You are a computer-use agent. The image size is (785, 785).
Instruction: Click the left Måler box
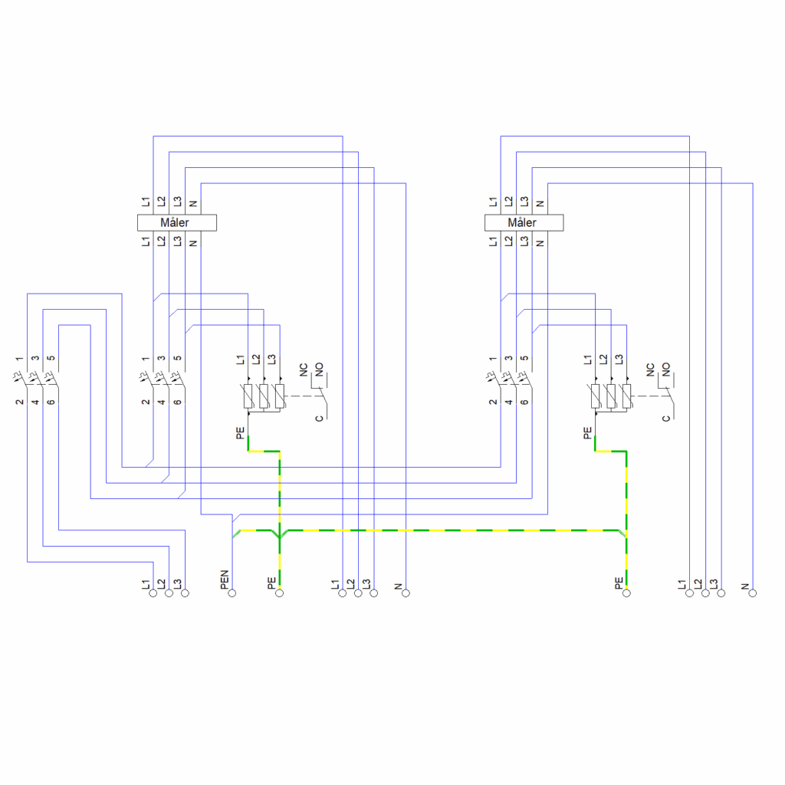pyautogui.click(x=177, y=223)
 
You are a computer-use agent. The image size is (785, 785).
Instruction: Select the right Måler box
pyautogui.click(x=524, y=223)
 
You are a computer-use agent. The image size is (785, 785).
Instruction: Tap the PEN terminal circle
pyautogui.click(x=232, y=593)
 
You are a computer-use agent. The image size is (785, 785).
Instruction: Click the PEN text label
pyautogui.click(x=225, y=580)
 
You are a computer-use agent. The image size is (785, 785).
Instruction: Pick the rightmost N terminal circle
pyautogui.click(x=753, y=593)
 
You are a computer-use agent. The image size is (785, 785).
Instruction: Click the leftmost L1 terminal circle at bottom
pyautogui.click(x=153, y=593)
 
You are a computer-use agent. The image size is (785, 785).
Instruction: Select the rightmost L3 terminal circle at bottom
pyautogui.click(x=721, y=593)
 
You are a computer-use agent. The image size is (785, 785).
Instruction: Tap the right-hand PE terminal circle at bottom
pyautogui.click(x=626, y=593)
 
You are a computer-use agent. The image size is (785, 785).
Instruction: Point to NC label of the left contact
pyautogui.click(x=304, y=370)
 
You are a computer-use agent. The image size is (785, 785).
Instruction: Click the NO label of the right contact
pyautogui.click(x=666, y=370)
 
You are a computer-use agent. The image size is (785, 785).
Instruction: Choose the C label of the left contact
pyautogui.click(x=320, y=419)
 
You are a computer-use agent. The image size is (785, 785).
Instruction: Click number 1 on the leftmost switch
pyautogui.click(x=19, y=359)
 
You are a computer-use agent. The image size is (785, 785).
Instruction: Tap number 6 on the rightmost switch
pyautogui.click(x=524, y=402)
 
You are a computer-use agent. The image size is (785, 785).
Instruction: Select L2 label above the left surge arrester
pyautogui.click(x=256, y=359)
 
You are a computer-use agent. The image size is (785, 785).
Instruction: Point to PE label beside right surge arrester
pyautogui.click(x=587, y=433)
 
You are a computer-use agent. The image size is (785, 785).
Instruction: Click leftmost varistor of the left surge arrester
pyautogui.click(x=248, y=396)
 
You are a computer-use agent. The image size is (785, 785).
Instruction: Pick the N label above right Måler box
pyautogui.click(x=540, y=204)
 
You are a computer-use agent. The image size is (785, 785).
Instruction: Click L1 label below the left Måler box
pyautogui.click(x=145, y=241)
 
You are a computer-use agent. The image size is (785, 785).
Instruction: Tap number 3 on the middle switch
pyautogui.click(x=161, y=359)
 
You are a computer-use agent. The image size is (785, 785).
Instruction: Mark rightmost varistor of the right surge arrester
pyautogui.click(x=627, y=396)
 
